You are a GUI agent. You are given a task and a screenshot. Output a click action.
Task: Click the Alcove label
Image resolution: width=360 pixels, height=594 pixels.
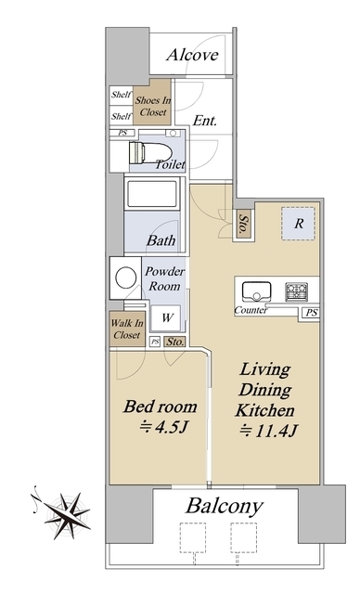point(192,55)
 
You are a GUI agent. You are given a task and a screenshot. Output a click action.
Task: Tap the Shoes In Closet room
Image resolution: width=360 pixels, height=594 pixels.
point(153,102)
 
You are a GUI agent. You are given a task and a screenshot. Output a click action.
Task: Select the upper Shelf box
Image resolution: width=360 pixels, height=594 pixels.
point(122,95)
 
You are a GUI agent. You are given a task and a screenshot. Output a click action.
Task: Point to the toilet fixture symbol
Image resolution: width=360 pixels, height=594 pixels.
point(150,152)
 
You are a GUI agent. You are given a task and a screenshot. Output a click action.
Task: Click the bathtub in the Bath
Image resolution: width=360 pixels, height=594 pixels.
point(152,194)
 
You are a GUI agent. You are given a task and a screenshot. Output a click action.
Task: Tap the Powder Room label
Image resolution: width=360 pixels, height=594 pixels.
point(164,278)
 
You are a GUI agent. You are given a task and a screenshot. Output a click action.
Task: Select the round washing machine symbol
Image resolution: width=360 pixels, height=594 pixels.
point(126,278)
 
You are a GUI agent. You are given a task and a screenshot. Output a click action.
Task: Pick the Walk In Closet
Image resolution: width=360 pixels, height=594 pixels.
point(127,329)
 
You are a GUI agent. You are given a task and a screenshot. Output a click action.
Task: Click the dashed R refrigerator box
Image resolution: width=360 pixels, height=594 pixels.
point(298,224)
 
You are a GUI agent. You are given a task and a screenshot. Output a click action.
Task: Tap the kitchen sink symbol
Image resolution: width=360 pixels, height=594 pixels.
point(257,291)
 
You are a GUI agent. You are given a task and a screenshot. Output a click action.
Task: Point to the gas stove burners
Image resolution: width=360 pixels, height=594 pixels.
point(296,291)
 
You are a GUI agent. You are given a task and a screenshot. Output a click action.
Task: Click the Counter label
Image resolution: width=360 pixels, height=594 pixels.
point(250,310)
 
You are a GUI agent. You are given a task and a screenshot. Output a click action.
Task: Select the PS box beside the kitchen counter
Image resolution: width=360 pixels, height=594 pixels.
point(311,313)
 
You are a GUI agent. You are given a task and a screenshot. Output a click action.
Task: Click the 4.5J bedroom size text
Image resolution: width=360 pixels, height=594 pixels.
point(163,427)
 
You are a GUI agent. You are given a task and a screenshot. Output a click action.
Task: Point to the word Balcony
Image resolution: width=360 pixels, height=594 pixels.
point(225,506)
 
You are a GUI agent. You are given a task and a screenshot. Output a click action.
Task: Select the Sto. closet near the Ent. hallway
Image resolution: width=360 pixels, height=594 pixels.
point(244,225)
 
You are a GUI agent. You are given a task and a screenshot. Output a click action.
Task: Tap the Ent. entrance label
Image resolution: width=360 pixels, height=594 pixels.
point(205,121)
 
